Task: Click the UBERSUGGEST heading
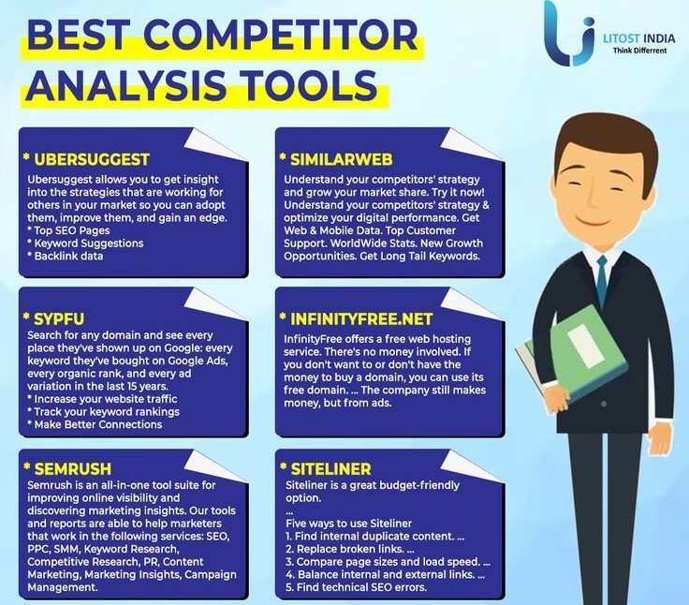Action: point(92,159)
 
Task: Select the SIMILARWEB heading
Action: point(342,159)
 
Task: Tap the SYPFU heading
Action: point(59,318)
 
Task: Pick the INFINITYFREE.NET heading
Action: point(361,318)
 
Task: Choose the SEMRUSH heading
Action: point(72,468)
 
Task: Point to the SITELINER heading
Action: point(330,468)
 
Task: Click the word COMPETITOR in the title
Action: point(280,35)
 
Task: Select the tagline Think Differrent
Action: point(639,51)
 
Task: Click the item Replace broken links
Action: point(350,549)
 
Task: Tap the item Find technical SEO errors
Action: point(356,587)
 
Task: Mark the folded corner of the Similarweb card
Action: point(470,143)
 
